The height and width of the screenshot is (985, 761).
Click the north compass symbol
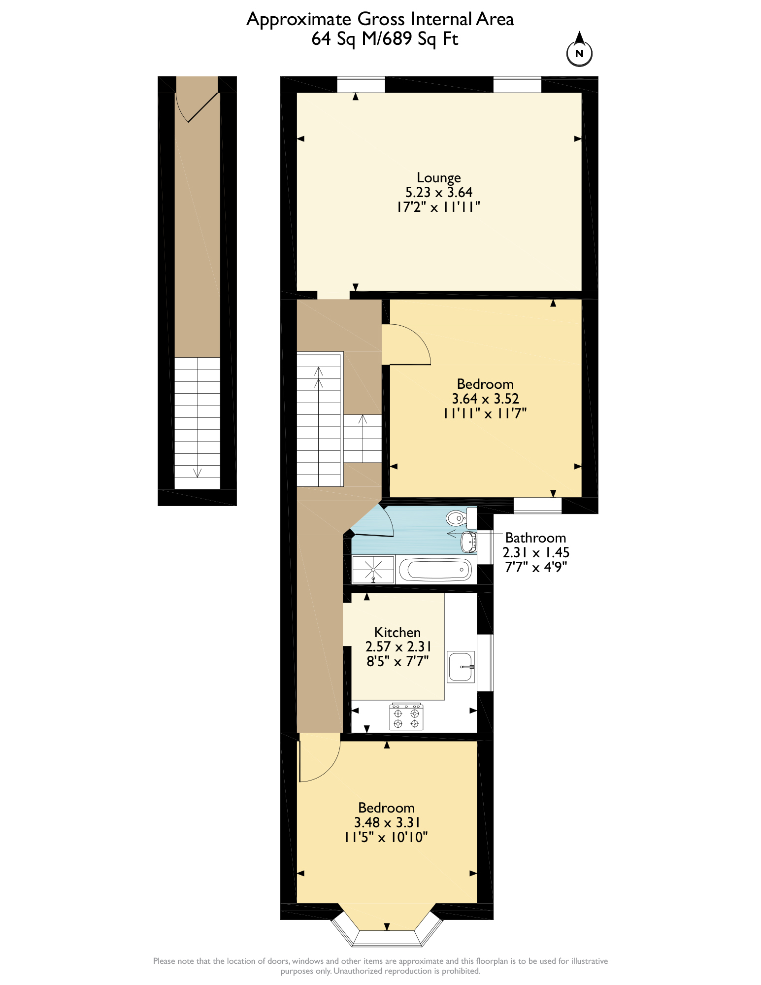(579, 51)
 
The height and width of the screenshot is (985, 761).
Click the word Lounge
(438, 177)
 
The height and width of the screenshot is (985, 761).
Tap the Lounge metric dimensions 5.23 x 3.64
(438, 192)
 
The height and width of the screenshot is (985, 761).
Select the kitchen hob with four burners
(406, 717)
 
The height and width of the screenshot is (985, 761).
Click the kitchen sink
(461, 667)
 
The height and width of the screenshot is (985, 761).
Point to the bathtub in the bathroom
(435, 570)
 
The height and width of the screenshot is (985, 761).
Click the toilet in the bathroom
(458, 518)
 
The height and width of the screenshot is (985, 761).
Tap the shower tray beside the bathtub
(373, 570)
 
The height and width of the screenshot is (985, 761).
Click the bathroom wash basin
(468, 542)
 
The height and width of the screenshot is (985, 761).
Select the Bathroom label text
(535, 538)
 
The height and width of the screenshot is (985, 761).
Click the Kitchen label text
(397, 632)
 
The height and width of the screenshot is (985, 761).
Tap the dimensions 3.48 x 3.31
(387, 822)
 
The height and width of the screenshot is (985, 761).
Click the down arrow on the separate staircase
(197, 472)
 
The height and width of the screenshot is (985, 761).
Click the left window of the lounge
(361, 84)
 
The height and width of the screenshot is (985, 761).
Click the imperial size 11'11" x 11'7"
(485, 413)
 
